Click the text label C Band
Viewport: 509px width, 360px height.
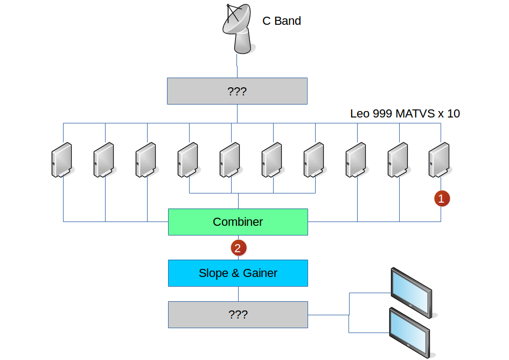281,22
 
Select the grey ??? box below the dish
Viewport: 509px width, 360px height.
237,91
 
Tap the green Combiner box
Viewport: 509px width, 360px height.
238,222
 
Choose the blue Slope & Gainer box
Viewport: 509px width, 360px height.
238,273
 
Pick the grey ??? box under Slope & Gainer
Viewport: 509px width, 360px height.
238,315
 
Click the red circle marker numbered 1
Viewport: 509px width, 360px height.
442,199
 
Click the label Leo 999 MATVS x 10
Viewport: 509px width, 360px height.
405,114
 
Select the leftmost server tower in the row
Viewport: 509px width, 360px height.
62,160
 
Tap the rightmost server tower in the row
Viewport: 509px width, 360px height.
440,160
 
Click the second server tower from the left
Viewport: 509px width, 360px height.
104,160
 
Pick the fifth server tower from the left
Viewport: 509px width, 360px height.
230,160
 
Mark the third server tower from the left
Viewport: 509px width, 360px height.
146,160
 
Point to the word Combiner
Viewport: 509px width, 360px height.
238,222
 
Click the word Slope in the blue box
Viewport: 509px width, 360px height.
213,273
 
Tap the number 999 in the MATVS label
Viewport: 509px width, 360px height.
383,114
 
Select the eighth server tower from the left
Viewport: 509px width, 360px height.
356,160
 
